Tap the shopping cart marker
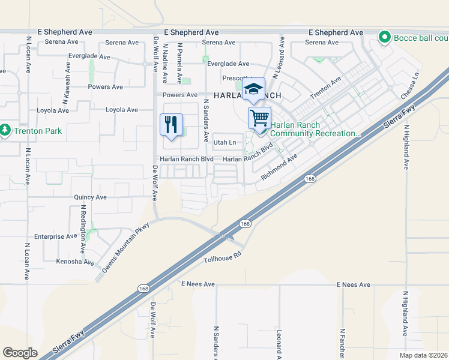[x=259, y=118]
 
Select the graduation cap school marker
[x=254, y=89]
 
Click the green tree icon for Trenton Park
[x=5, y=130]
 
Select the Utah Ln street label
[x=224, y=142]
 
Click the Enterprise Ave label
[x=56, y=236]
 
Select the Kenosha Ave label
[x=75, y=262]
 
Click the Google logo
[x=20, y=353]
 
